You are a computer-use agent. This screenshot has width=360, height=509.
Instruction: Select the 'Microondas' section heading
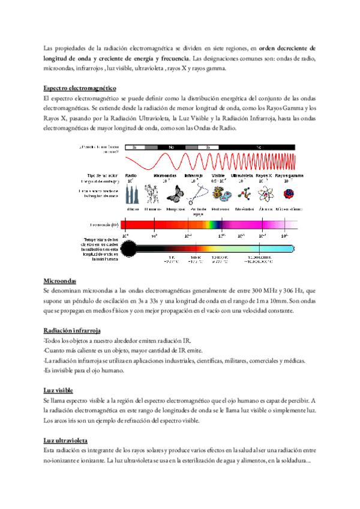click(62, 281)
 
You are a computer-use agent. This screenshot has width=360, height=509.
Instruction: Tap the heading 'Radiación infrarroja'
click(72, 331)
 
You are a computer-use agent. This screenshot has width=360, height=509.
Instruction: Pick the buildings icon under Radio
click(133, 195)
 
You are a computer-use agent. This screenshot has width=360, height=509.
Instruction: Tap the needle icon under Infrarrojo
click(197, 194)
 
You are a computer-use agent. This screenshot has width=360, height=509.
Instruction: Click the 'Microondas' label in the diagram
click(166, 175)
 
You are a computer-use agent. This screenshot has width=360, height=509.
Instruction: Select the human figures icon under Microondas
click(152, 195)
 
